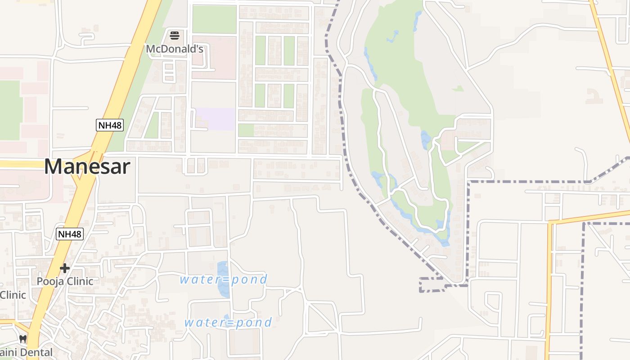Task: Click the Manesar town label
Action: coord(87,166)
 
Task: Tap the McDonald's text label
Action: coord(175,49)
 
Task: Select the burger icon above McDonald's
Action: coord(175,35)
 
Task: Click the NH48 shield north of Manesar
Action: coord(109,125)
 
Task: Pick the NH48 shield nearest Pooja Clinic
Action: coord(70,234)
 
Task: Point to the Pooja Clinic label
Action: coord(65,282)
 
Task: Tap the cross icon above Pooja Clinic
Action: coord(65,268)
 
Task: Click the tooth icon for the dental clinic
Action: coord(23,339)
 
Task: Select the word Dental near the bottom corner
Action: coord(36,352)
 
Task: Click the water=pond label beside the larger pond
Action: coord(224,279)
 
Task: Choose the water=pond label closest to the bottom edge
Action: coord(228,323)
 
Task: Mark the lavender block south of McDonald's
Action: coord(215,119)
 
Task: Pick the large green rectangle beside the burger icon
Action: coord(214,19)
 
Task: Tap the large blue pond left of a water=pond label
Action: coord(223,279)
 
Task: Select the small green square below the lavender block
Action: coord(246,130)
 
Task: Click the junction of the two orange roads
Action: coord(550,222)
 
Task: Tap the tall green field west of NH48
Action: coord(10,110)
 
